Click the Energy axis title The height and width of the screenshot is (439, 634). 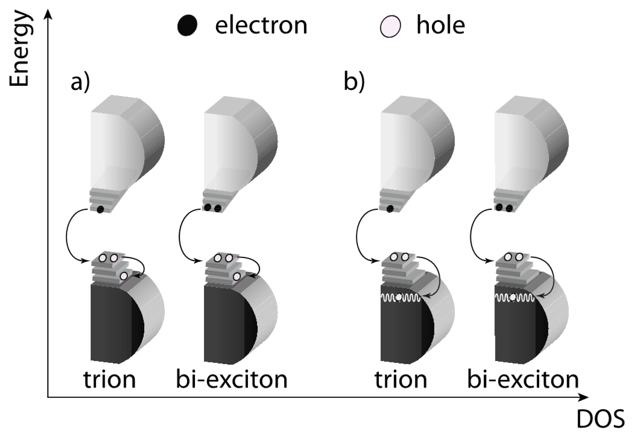[x=19, y=50]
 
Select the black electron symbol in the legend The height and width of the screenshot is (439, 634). [x=187, y=26]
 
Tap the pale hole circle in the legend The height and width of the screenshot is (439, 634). [x=391, y=27]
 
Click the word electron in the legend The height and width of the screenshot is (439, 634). [x=261, y=25]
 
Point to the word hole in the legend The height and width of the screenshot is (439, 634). [x=441, y=25]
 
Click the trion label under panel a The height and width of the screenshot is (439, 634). [x=110, y=380]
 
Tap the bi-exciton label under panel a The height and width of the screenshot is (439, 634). [x=231, y=380]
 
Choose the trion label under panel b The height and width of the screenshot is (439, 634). [x=401, y=380]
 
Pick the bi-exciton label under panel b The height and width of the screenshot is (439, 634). [x=523, y=380]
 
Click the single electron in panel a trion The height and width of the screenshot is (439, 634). [x=100, y=209]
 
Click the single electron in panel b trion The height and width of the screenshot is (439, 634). [x=390, y=208]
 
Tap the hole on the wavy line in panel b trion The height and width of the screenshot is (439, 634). [x=399, y=297]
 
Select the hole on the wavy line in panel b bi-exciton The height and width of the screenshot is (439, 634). [x=513, y=297]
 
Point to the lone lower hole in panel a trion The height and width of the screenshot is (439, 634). [x=123, y=276]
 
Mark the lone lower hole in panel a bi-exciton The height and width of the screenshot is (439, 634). [x=237, y=276]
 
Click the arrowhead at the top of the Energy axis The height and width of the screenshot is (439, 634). [x=48, y=14]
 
